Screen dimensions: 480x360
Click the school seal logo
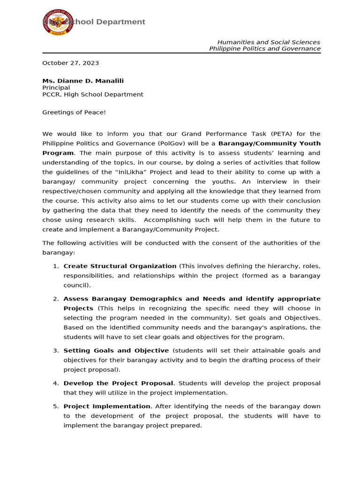[58, 22]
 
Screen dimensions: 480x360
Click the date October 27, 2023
[70, 63]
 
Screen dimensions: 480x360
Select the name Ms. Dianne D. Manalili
[83, 81]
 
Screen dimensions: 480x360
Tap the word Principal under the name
[56, 88]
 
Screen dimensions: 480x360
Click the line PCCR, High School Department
[92, 94]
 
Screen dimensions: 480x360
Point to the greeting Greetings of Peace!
[74, 112]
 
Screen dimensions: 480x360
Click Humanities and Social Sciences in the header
[269, 42]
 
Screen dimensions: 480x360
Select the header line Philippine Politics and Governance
[264, 49]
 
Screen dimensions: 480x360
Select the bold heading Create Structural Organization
[120, 266]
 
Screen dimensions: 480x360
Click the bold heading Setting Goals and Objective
[116, 351]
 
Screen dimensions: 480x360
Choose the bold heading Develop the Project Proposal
[118, 383]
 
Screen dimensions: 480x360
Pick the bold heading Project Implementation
[107, 406]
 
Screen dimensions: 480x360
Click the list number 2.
[56, 299]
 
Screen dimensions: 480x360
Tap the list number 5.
[56, 406]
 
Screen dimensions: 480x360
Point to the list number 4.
[56, 383]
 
